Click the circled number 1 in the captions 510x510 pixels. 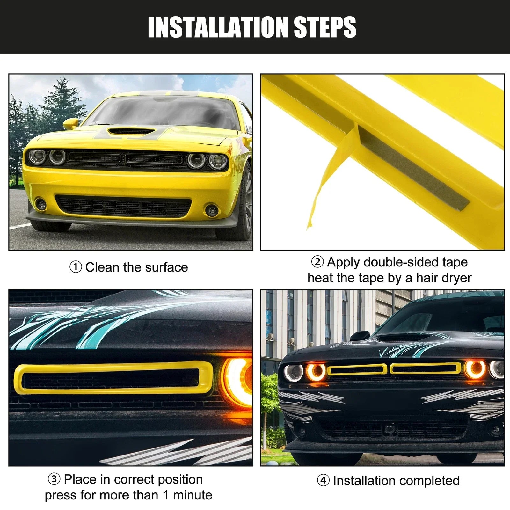click(76, 267)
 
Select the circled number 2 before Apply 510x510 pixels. click(317, 262)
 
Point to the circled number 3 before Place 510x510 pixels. click(54, 479)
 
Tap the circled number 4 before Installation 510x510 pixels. click(323, 480)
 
